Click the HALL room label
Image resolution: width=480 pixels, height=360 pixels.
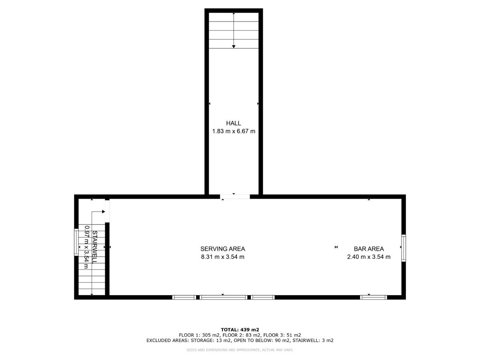pyautogui.click(x=233, y=123)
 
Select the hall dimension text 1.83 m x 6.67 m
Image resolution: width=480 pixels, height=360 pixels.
pyautogui.click(x=234, y=131)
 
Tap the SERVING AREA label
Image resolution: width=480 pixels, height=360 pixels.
pyautogui.click(x=223, y=249)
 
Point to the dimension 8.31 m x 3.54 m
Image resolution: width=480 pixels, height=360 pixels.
pyautogui.click(x=223, y=257)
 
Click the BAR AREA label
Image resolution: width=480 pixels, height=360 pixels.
pyautogui.click(x=369, y=249)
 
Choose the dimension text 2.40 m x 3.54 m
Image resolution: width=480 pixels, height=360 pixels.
pyautogui.click(x=369, y=257)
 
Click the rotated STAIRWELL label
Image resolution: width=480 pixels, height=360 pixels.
pyautogui.click(x=95, y=247)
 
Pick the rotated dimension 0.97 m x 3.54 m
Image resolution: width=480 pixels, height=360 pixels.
pyautogui.click(x=87, y=247)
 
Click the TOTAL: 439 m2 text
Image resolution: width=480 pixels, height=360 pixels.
pyautogui.click(x=240, y=330)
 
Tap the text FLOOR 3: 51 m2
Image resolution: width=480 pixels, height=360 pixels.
pyautogui.click(x=282, y=335)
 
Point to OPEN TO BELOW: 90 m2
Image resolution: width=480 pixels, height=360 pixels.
pyautogui.click(x=262, y=340)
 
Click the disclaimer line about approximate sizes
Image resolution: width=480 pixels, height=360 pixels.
pyautogui.click(x=240, y=350)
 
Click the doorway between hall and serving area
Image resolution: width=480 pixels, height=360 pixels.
pyautogui.click(x=235, y=196)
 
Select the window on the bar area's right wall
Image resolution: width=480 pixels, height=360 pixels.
pyautogui.click(x=404, y=248)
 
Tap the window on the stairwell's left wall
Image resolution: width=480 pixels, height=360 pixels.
pyautogui.click(x=76, y=242)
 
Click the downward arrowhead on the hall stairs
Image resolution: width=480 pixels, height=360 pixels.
pyautogui.click(x=234, y=46)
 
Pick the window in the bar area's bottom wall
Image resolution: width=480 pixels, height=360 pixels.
pyautogui.click(x=374, y=297)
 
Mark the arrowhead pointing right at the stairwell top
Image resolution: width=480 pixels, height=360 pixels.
pyautogui.click(x=104, y=212)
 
